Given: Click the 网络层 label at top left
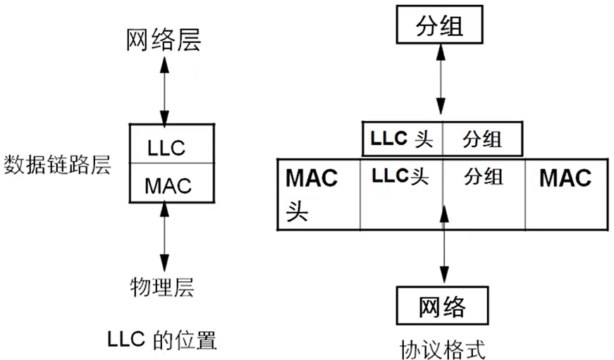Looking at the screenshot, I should pyautogui.click(x=164, y=39).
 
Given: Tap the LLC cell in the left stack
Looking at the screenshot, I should pyautogui.click(x=166, y=147).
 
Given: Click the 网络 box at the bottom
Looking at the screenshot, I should pyautogui.click(x=442, y=306).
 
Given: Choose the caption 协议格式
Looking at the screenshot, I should pyautogui.click(x=443, y=348).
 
